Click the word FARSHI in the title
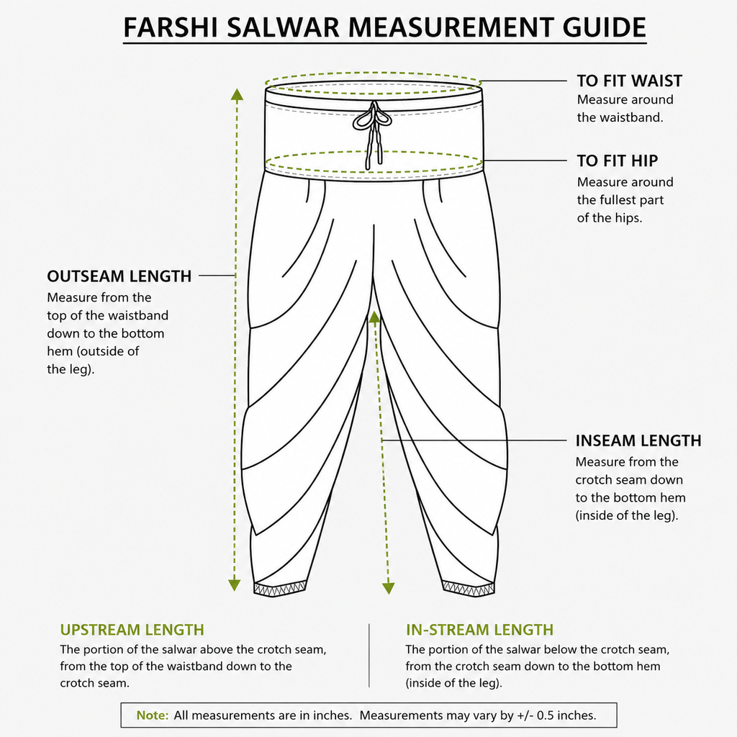(171, 27)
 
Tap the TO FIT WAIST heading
(629, 81)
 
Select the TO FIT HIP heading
(617, 160)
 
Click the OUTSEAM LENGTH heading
(119, 276)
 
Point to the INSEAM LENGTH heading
(638, 440)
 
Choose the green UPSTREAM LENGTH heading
(132, 629)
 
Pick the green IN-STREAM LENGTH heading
(480, 629)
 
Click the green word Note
(153, 715)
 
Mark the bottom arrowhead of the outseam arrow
(234, 585)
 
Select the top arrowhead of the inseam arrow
(374, 317)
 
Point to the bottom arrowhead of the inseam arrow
(388, 589)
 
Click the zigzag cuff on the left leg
(280, 589)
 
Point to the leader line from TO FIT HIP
(525, 160)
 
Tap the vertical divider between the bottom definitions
(369, 656)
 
